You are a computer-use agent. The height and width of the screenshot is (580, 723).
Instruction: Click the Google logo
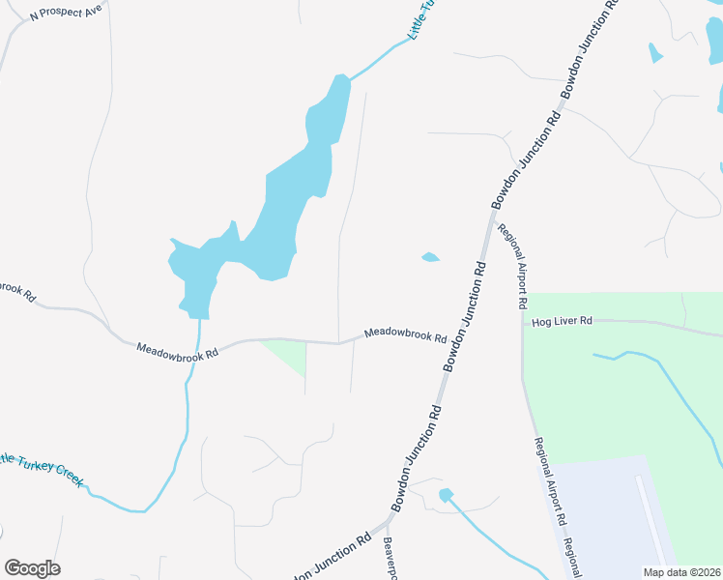pos(32,568)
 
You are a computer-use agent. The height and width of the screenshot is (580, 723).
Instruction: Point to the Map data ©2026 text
pos(681,572)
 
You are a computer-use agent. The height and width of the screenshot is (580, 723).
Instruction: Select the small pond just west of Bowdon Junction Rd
pos(430,257)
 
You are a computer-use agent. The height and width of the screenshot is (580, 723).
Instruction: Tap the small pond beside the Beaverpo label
pos(446,495)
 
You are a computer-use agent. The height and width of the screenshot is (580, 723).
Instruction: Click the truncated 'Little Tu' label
pos(421,19)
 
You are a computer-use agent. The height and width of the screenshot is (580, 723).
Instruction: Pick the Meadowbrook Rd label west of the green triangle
pos(177,349)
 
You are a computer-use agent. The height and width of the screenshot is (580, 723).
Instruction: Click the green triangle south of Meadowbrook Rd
pos(291,356)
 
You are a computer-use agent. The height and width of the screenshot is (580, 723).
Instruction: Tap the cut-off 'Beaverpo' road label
pos(390,560)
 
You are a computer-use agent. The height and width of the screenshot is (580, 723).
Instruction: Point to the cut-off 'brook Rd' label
pos(16,290)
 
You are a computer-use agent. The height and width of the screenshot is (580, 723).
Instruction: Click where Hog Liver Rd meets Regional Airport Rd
pos(523,323)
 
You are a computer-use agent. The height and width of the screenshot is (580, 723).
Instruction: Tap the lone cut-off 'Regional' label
pos(572,559)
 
